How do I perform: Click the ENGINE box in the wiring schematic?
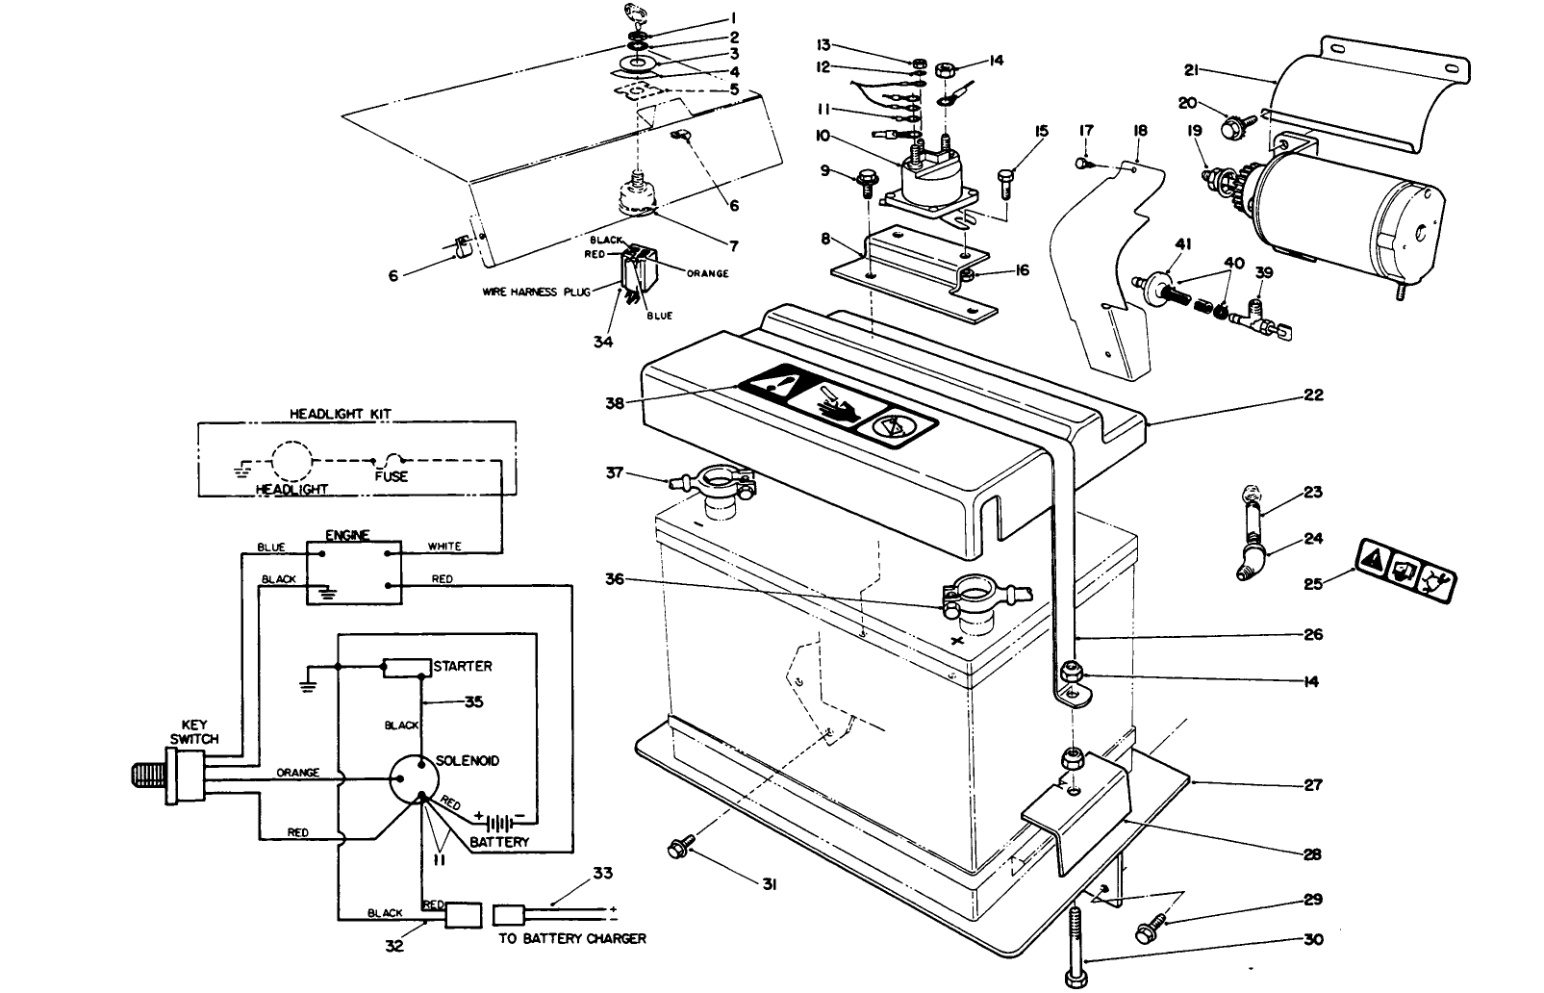[353, 572]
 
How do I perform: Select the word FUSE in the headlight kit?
[391, 476]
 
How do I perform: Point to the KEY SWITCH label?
[194, 732]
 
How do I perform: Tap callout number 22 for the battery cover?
[1314, 395]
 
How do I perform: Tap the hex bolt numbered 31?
[679, 848]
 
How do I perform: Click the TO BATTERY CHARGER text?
[571, 938]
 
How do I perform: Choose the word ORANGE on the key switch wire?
[298, 773]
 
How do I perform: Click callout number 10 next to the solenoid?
[823, 136]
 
